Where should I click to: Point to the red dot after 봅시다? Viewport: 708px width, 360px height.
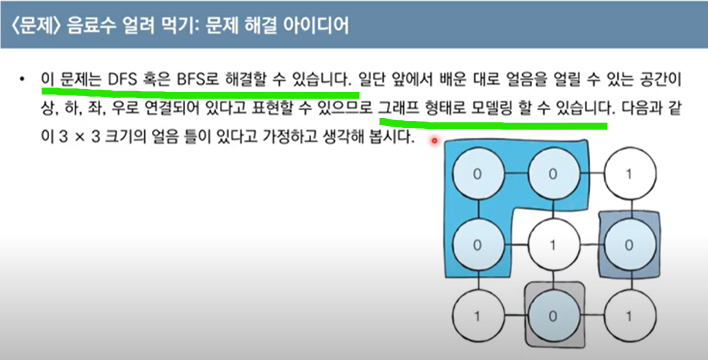[434, 140]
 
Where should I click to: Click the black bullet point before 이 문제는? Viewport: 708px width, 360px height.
[22, 79]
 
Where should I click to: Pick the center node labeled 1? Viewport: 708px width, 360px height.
[553, 245]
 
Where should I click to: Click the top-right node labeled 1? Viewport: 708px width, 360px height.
[629, 174]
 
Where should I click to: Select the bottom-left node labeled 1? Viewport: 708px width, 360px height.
[477, 316]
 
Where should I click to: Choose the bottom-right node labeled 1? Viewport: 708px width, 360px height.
[629, 316]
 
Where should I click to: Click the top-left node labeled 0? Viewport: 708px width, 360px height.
[478, 174]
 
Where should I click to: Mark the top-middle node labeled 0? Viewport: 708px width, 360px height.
[553, 174]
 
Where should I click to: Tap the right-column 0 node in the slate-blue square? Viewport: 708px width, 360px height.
[629, 245]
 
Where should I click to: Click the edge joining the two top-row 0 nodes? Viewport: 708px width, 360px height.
[515, 174]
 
